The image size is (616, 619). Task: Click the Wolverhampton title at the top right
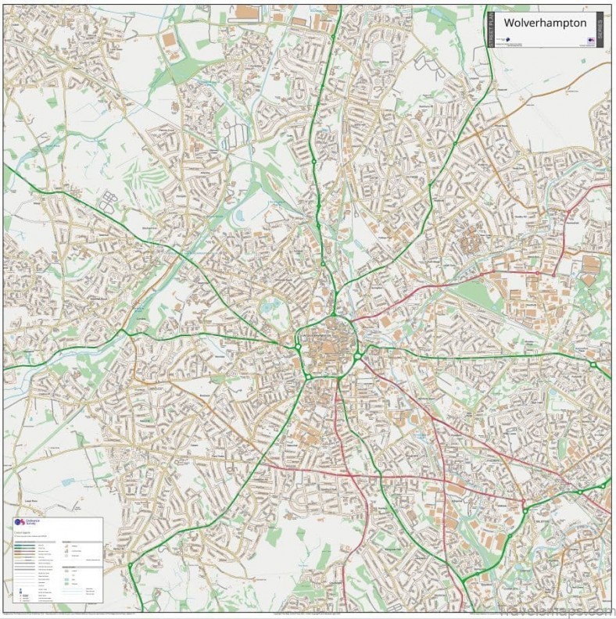545,23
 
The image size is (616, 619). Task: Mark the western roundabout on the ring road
298,345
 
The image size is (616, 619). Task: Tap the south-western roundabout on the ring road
308,377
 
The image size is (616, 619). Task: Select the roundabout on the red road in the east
537,272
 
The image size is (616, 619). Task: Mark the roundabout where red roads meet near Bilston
522,500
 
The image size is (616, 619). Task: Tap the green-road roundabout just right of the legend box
130,564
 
